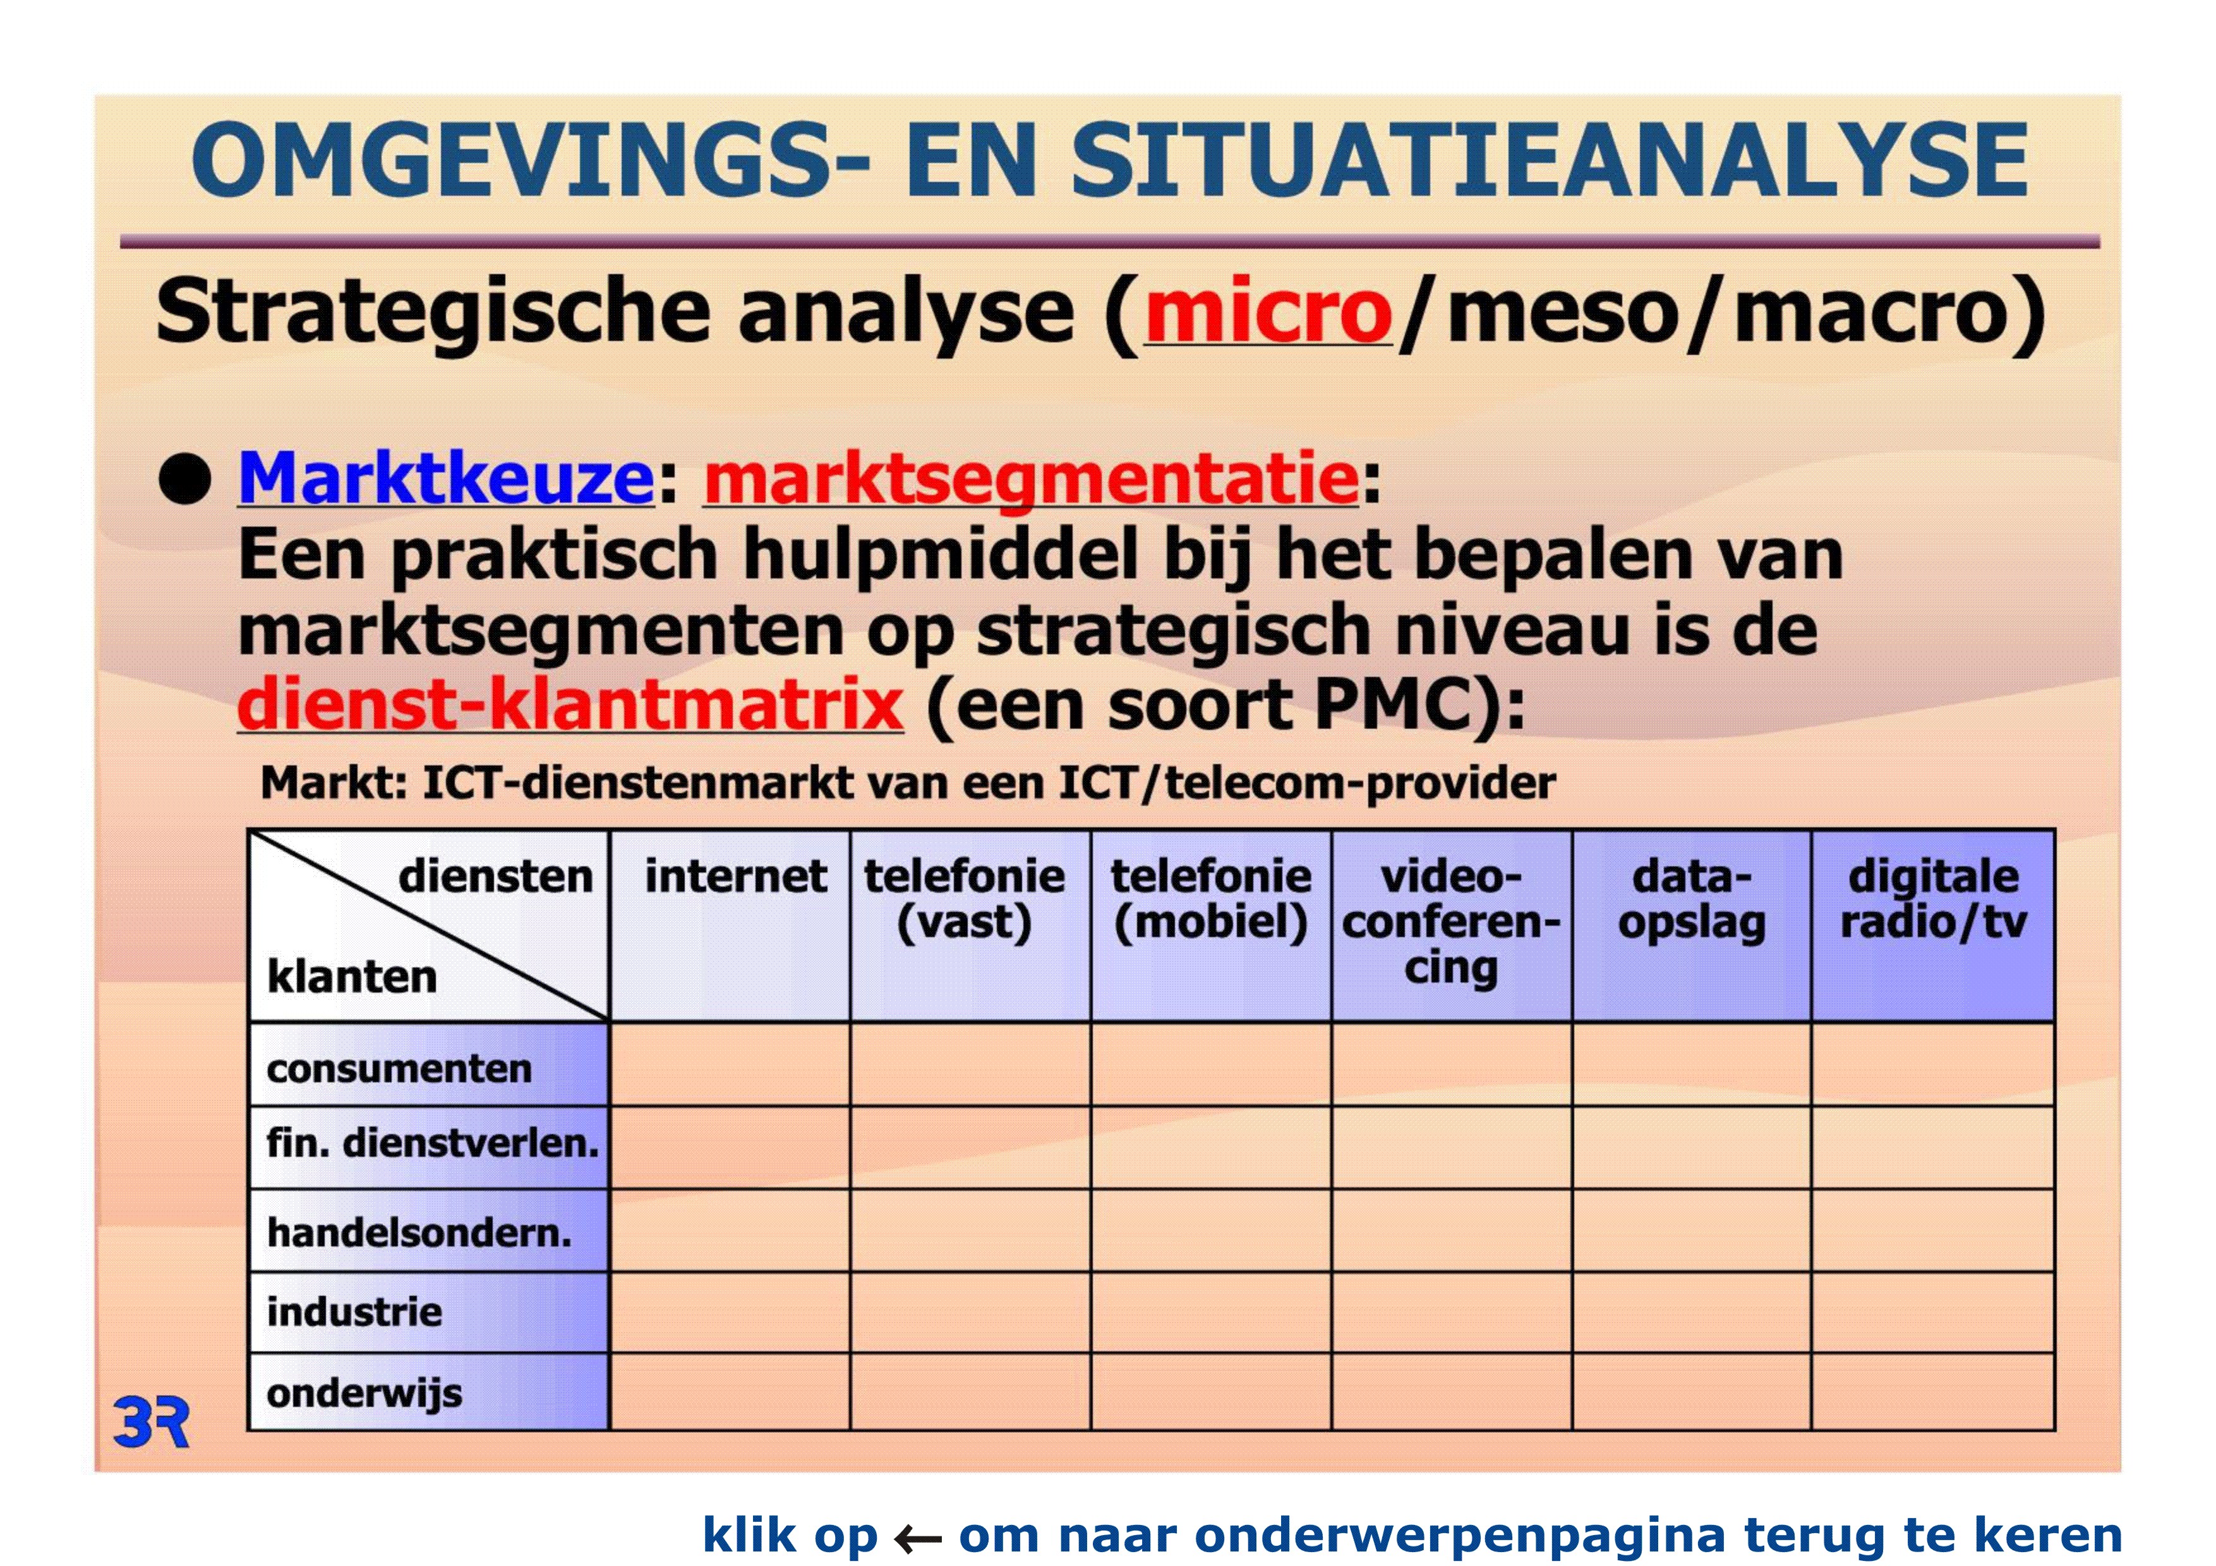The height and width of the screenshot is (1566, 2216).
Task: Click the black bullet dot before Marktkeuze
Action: click(x=184, y=479)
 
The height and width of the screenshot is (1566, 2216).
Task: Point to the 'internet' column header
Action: click(x=735, y=876)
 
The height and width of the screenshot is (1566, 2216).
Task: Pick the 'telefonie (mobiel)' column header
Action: click(x=1211, y=899)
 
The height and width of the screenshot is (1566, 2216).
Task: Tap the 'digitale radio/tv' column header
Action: click(x=1933, y=899)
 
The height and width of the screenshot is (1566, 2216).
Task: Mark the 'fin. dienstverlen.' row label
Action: click(x=432, y=1144)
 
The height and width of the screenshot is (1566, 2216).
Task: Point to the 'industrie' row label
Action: click(x=354, y=1312)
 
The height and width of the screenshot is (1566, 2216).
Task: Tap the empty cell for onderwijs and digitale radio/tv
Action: click(x=1933, y=1391)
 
